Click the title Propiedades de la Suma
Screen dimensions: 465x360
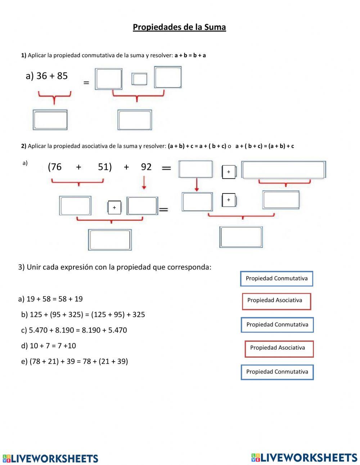pos(179,27)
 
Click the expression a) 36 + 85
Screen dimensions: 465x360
pos(47,76)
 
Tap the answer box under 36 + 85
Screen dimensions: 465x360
pos(50,120)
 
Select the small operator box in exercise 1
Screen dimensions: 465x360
pos(139,79)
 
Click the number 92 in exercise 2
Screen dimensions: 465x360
pos(146,167)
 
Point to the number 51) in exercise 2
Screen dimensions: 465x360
pos(105,167)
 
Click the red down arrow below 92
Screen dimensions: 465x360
pos(144,182)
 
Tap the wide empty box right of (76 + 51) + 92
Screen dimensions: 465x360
pos(284,170)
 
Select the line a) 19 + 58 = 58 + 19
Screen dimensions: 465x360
pos(50,299)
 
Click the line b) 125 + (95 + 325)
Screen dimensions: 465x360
pos(83,315)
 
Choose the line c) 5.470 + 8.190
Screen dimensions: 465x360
pos(74,330)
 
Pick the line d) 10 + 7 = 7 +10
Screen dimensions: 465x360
pos(49,346)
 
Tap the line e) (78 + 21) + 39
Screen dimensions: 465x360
pos(75,361)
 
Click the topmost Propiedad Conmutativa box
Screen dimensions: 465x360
pos(276,279)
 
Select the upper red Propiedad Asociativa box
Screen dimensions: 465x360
pos(276,301)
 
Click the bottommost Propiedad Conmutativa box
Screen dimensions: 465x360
pos(277,372)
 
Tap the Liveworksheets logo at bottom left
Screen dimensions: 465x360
pos(50,458)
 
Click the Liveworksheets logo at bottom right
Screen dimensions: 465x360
pos(304,457)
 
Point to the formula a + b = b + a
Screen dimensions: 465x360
pos(190,55)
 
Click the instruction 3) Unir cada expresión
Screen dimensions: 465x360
pos(114,267)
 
